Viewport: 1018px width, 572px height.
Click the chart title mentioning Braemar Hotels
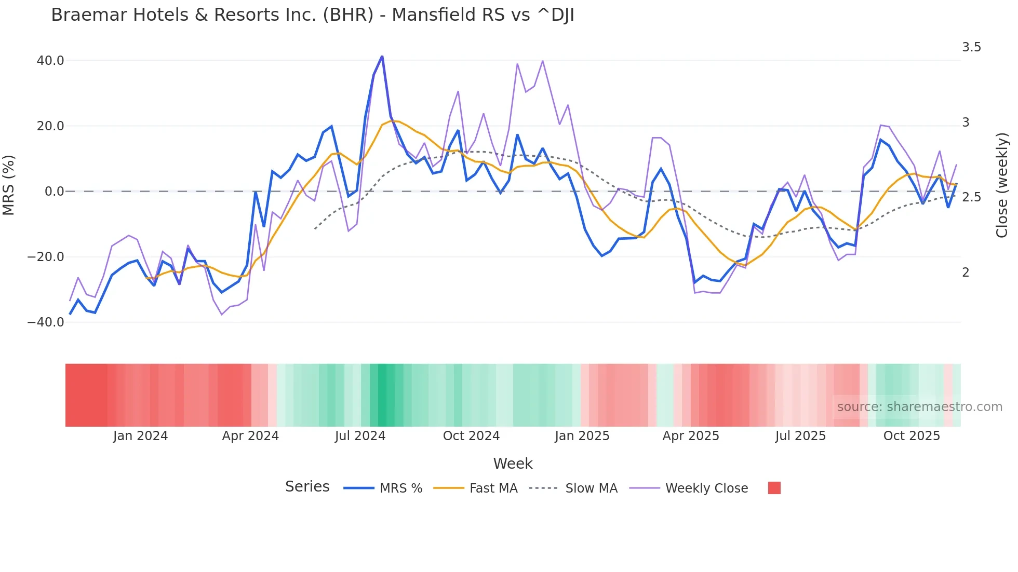312,15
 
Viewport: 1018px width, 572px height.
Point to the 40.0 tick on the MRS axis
50,61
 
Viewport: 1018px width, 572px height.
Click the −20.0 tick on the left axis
46,257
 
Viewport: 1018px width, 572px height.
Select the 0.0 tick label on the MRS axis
54,192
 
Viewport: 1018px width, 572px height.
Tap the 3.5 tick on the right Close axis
971,47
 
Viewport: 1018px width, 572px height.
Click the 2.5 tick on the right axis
971,197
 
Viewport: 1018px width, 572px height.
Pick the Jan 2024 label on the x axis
140,436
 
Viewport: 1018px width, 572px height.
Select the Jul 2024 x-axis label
360,436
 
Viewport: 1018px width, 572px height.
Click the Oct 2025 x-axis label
912,436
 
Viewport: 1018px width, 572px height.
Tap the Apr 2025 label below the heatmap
691,436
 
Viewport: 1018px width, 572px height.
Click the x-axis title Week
513,464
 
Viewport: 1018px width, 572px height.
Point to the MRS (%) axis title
9,185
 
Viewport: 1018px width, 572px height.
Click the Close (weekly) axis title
1001,185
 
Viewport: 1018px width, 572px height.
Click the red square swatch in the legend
774,488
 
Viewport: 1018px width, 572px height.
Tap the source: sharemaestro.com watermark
919,407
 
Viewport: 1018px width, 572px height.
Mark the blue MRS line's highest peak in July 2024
382,56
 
